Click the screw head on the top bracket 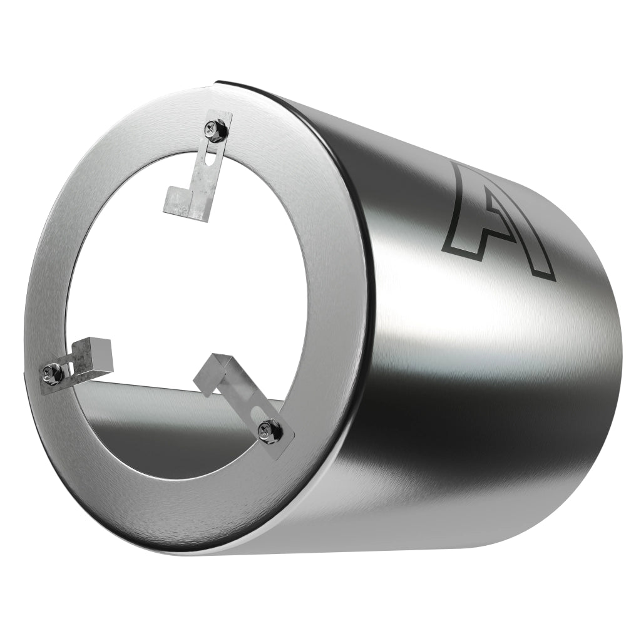[x=213, y=130]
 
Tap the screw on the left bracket [x=51, y=374]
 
